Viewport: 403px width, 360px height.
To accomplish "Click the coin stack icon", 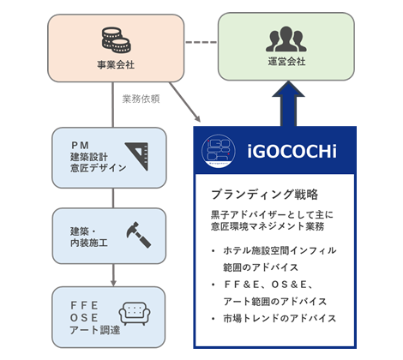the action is pyautogui.click(x=117, y=40).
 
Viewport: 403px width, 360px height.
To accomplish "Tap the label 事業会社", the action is pyautogui.click(x=116, y=65).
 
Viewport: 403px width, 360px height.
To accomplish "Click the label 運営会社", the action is pyautogui.click(x=286, y=62).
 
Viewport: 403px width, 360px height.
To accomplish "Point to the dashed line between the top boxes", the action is pyautogui.click(x=201, y=42).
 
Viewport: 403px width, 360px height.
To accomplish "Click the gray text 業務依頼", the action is pyautogui.click(x=141, y=99).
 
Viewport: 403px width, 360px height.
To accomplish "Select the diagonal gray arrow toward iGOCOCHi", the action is pyautogui.click(x=185, y=102).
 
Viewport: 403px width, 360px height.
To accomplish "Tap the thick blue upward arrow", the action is pyautogui.click(x=288, y=104).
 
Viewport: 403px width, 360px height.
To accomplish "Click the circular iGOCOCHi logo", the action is pyautogui.click(x=219, y=151).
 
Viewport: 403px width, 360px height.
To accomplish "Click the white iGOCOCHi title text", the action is pyautogui.click(x=292, y=151).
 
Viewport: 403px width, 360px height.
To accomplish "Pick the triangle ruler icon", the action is pyautogui.click(x=137, y=156).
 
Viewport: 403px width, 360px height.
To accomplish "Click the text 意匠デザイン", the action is pyautogui.click(x=99, y=168).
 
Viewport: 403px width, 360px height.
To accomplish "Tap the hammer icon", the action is pyautogui.click(x=138, y=235).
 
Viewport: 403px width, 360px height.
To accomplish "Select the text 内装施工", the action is pyautogui.click(x=89, y=243).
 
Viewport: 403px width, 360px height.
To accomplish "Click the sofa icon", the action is pyautogui.click(x=135, y=314).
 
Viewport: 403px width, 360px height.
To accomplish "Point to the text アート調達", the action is pyautogui.click(x=95, y=330).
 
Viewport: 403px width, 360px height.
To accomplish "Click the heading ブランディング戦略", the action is pyautogui.click(x=265, y=195).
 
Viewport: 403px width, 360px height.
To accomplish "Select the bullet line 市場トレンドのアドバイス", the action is pyautogui.click(x=280, y=318).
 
